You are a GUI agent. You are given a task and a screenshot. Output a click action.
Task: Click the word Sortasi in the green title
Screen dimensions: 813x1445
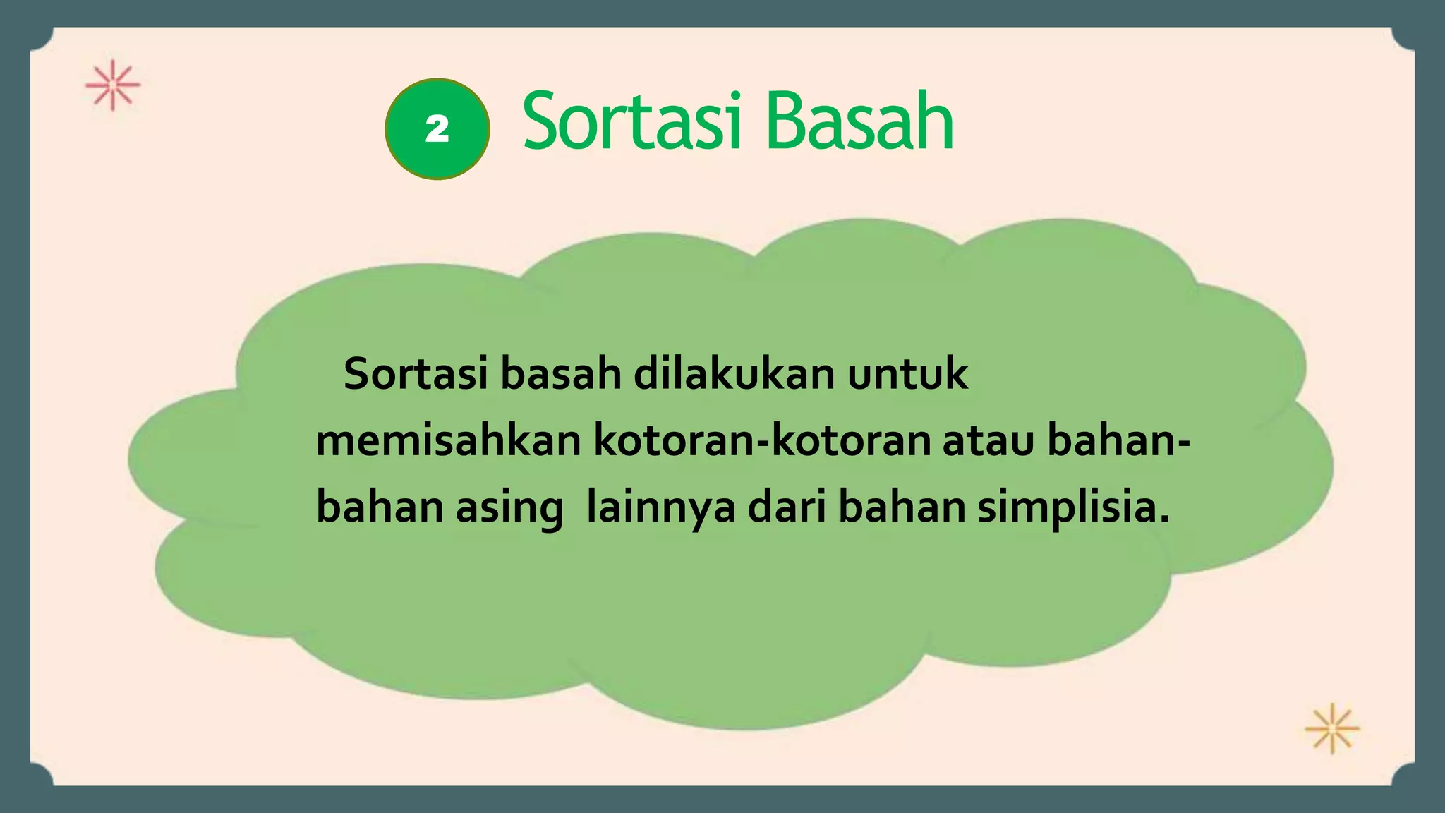click(631, 122)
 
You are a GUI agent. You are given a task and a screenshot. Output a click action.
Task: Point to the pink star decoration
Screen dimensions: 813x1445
click(113, 85)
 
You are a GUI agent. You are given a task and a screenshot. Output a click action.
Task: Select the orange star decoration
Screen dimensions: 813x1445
click(1331, 728)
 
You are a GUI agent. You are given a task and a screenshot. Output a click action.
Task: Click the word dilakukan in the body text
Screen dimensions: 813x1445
click(734, 374)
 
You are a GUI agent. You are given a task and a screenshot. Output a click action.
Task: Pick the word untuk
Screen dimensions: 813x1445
click(907, 374)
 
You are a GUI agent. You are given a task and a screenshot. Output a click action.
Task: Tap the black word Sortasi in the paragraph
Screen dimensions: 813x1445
click(415, 374)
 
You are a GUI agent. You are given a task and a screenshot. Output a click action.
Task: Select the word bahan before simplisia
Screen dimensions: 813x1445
click(902, 507)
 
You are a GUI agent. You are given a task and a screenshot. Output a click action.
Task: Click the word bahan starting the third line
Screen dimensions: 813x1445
click(380, 507)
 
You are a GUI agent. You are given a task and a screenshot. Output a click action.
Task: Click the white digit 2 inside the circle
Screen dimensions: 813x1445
click(437, 129)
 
